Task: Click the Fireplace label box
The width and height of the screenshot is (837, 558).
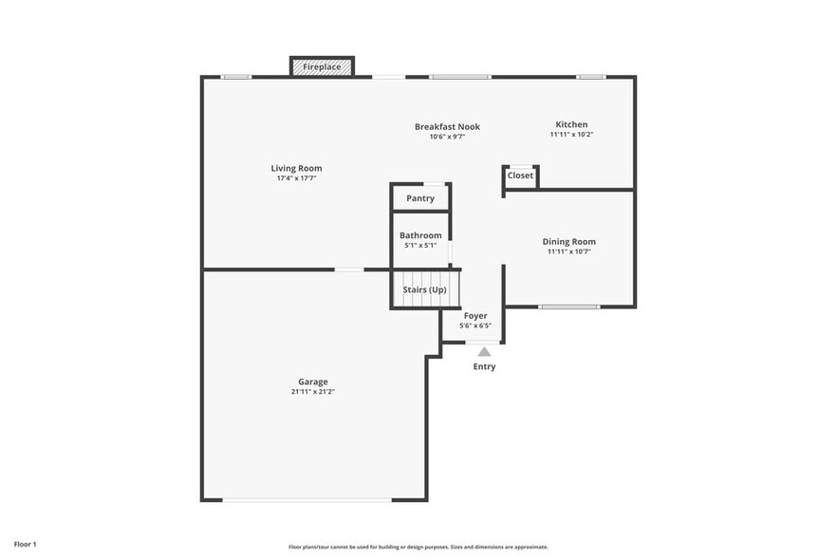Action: (322, 67)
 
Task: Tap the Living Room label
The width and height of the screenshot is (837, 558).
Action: (296, 168)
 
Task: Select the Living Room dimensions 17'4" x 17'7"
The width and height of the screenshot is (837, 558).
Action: (296, 178)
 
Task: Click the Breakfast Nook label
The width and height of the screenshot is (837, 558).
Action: (447, 126)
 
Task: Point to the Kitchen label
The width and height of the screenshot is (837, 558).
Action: (571, 124)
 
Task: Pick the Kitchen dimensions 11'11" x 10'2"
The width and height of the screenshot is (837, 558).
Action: (571, 135)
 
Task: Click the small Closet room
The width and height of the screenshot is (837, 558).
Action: (520, 176)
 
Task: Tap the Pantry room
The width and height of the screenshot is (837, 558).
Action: (420, 198)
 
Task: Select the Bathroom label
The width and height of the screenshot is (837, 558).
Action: (420, 235)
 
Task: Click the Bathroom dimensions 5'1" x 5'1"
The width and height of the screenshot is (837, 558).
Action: (420, 246)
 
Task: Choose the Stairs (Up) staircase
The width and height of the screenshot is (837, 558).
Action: (424, 289)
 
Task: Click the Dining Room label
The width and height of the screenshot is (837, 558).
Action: (569, 242)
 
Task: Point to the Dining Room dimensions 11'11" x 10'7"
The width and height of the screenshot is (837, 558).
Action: (569, 252)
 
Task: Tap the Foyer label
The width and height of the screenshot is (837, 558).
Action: (475, 315)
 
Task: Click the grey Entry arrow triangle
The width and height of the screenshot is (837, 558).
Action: (484, 352)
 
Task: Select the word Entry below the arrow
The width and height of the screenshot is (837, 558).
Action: (484, 366)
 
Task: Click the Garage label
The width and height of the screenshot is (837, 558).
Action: (313, 381)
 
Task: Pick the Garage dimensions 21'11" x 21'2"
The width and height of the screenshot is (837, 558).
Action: (313, 392)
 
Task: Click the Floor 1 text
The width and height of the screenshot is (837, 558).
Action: (25, 544)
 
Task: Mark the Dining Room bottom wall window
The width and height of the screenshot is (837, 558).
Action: (569, 307)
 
